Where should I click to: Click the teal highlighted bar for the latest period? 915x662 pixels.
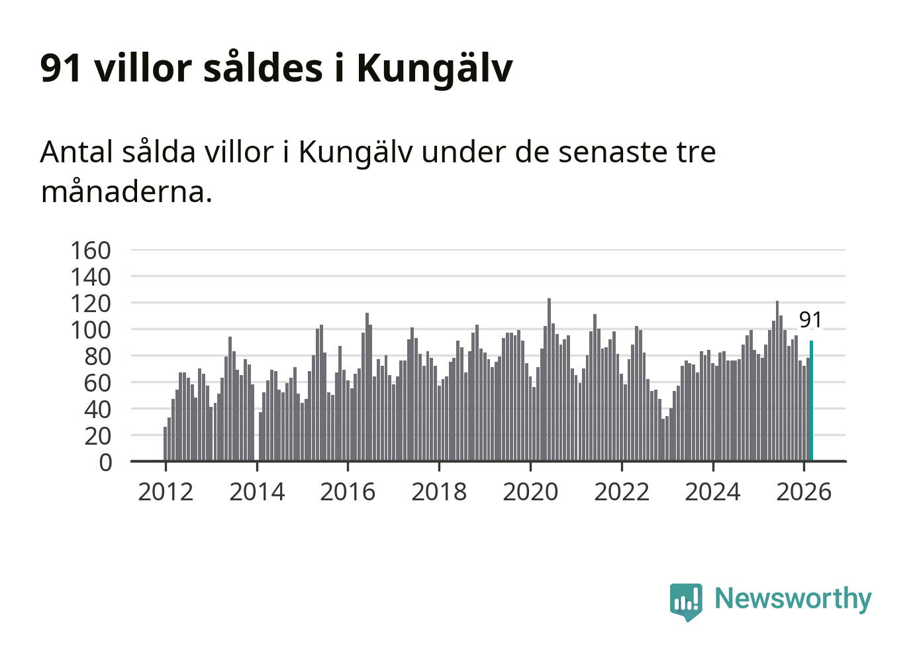[x=811, y=401]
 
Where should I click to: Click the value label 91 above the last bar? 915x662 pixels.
[x=810, y=320]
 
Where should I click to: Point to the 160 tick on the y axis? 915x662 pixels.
[x=91, y=250]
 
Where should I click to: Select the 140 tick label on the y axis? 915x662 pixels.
[x=91, y=277]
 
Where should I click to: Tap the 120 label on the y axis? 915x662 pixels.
[x=91, y=303]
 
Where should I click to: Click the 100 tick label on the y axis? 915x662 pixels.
[x=91, y=330]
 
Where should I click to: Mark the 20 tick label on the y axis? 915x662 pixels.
[x=97, y=436]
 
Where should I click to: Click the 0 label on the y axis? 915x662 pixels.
[x=105, y=463]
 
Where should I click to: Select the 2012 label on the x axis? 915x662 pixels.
[x=166, y=492]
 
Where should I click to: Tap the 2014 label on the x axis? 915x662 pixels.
[x=257, y=492]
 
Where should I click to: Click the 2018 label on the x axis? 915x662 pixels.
[x=439, y=492]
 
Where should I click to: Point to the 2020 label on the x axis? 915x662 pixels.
[x=530, y=492]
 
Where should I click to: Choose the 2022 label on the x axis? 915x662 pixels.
[x=622, y=492]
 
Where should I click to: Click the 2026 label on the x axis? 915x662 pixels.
[x=804, y=492]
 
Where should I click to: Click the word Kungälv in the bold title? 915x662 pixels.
[x=434, y=68]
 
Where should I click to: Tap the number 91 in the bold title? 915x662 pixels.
[x=61, y=68]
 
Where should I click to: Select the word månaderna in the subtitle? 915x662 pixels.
[x=126, y=192]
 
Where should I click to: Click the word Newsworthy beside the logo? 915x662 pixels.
[x=793, y=598]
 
